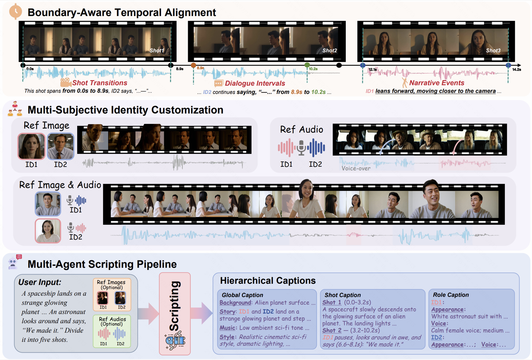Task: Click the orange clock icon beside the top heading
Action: (16, 11)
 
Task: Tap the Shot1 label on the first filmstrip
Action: (157, 51)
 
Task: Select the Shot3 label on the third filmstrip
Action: (493, 51)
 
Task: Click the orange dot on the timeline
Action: (193, 65)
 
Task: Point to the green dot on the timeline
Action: (307, 65)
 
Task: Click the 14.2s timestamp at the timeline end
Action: (516, 70)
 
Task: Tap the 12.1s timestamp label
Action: (373, 70)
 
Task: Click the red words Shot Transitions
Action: (100, 83)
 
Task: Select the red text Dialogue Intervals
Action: (255, 83)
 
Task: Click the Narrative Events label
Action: (437, 83)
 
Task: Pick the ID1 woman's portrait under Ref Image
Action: (31, 146)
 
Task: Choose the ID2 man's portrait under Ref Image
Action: (60, 146)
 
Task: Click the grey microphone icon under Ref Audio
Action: (301, 147)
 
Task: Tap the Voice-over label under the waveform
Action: (356, 168)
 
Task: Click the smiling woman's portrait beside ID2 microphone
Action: (48, 231)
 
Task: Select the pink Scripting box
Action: (175, 314)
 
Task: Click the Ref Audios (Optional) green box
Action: (112, 331)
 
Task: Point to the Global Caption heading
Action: (242, 295)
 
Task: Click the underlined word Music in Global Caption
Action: (227, 328)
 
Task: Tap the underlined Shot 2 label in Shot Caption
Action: (332, 330)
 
